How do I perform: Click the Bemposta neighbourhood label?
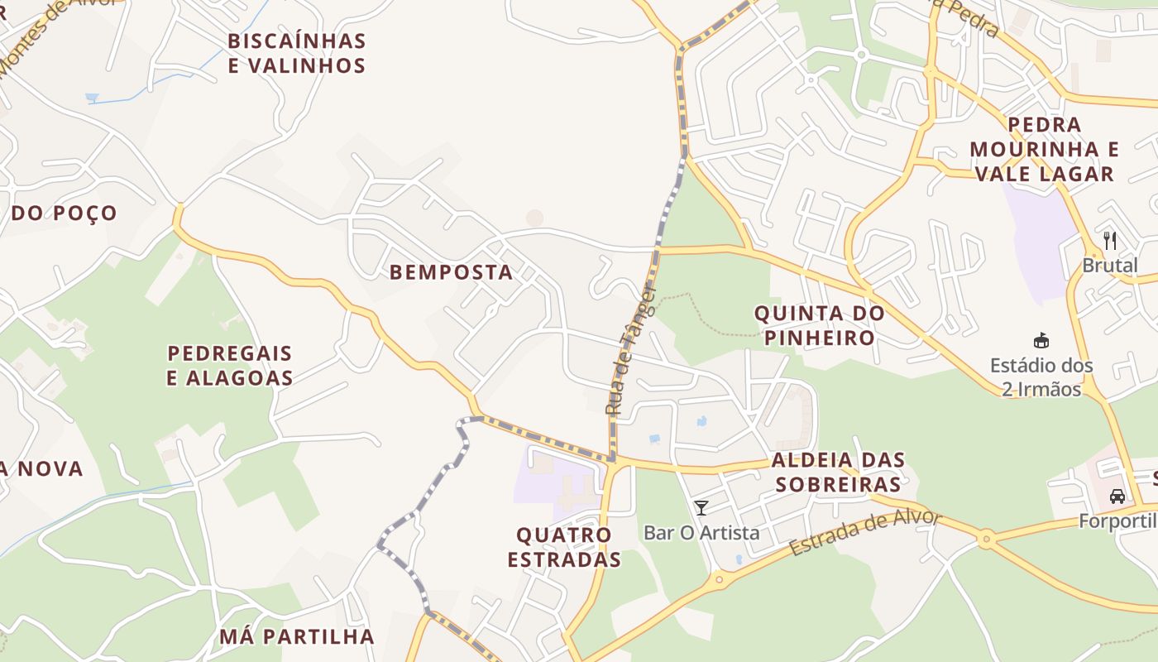[451, 272]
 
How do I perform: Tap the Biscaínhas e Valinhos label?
[297, 53]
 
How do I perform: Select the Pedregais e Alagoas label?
[230, 366]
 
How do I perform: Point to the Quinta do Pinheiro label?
[820, 325]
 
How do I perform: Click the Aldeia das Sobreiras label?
[838, 472]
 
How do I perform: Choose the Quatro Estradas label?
[564, 547]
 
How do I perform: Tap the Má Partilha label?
[297, 636]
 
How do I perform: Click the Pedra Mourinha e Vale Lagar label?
[1045, 149]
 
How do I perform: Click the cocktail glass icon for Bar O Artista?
[701, 507]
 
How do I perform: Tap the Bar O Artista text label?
[701, 533]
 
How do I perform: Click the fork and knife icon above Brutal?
[1110, 241]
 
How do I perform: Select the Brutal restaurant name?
[1110, 266]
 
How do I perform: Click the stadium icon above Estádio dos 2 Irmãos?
[1041, 340]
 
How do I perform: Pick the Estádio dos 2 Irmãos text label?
[1041, 377]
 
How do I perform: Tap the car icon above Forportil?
[1117, 496]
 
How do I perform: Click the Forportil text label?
[1117, 521]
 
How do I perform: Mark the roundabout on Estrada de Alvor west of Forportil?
[985, 540]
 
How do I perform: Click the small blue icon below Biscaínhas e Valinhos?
[92, 98]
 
